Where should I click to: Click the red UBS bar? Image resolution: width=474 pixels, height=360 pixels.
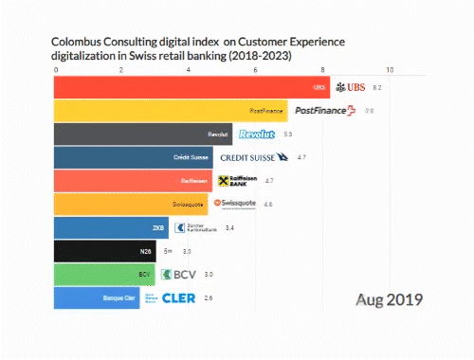pyautogui.click(x=190, y=87)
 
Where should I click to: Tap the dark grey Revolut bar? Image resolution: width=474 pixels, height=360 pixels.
pyautogui.click(x=142, y=135)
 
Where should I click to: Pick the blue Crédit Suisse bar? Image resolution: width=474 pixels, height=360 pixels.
pyautogui.click(x=133, y=157)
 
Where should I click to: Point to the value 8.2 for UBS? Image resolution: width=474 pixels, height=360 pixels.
pyautogui.click(x=376, y=87)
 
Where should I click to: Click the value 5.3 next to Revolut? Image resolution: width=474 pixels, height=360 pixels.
pyautogui.click(x=287, y=135)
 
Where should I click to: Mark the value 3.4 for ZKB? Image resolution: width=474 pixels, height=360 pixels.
pyautogui.click(x=228, y=227)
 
